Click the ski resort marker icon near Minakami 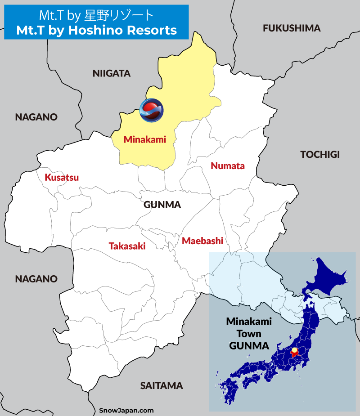pyautogui.click(x=151, y=110)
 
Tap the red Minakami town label pyautogui.click(x=145, y=139)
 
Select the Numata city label pyautogui.click(x=228, y=166)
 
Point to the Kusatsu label pyautogui.click(x=62, y=178)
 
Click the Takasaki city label pyautogui.click(x=127, y=246)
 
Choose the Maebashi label pyautogui.click(x=202, y=241)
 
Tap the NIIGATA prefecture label pyautogui.click(x=112, y=73)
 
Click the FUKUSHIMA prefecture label pyautogui.click(x=292, y=28)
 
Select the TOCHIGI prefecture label pyautogui.click(x=320, y=155)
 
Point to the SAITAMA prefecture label pyautogui.click(x=162, y=385)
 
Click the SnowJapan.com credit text pyautogui.click(x=126, y=410)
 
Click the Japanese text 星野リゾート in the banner pyautogui.click(x=119, y=15)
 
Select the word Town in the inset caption pyautogui.click(x=249, y=334)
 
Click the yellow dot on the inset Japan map pyautogui.click(x=294, y=350)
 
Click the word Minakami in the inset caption pyautogui.click(x=249, y=322)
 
